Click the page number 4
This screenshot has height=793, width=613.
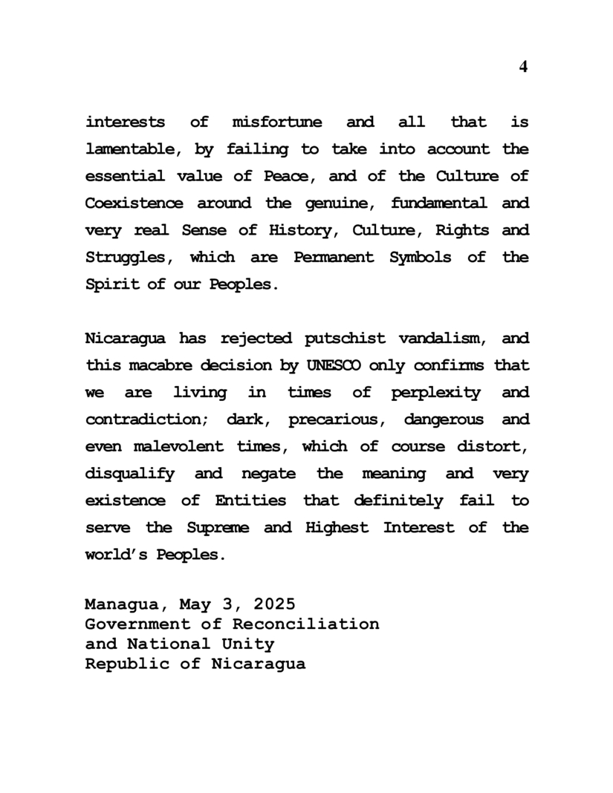coord(523,67)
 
